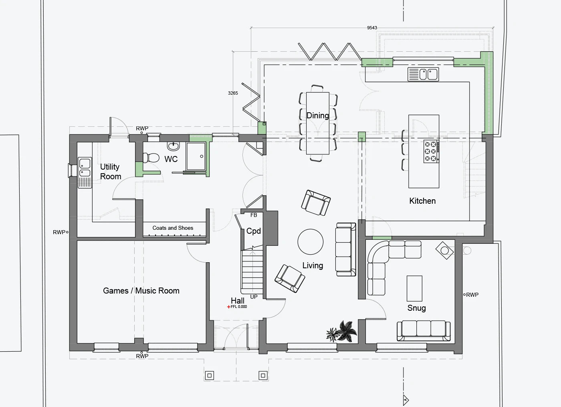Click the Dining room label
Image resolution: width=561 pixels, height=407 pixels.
coord(317,115)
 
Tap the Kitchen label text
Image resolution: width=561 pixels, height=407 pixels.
coord(422,201)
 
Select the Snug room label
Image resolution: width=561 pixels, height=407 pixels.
coord(416,308)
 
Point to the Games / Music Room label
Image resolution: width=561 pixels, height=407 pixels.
coord(141,290)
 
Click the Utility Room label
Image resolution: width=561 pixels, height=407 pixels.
coord(111,172)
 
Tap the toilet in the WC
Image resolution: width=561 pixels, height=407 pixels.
coord(151,158)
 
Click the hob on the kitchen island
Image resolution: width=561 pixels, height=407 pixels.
coord(431,152)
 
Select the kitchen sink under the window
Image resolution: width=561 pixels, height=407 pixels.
coord(423,75)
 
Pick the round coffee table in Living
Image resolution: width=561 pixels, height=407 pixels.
coord(310,242)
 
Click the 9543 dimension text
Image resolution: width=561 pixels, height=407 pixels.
coord(372,28)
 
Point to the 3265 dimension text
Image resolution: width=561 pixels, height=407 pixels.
coord(233,93)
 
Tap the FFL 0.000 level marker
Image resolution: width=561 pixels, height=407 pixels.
coord(237,307)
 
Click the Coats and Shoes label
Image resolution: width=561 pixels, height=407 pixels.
coord(173,228)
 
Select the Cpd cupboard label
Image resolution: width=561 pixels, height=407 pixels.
coord(253,231)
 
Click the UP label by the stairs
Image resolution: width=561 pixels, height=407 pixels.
coord(254,297)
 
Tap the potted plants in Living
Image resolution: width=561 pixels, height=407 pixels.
coord(341,331)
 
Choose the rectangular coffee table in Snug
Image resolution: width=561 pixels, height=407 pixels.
coord(414,288)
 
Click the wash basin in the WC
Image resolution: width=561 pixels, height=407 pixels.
coord(173,146)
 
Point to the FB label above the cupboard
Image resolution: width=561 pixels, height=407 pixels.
coord(253,215)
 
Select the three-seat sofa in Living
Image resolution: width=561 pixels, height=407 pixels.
coord(345,249)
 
